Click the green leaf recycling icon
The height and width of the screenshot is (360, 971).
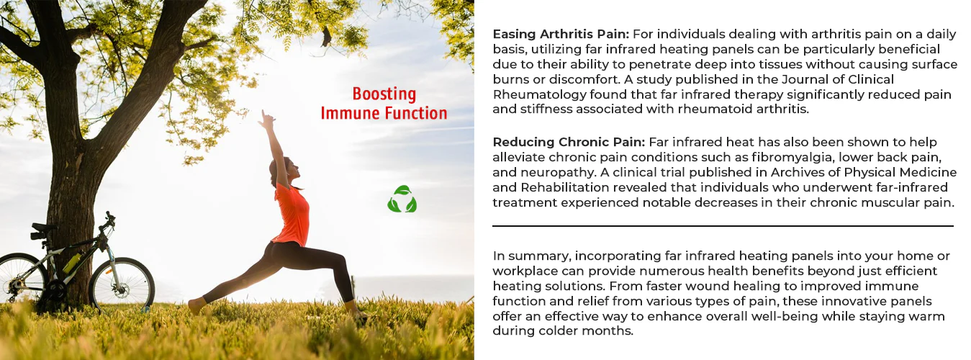pyautogui.click(x=402, y=199)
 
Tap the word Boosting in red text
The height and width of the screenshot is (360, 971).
pyautogui.click(x=384, y=94)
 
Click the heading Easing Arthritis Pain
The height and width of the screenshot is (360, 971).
pyautogui.click(x=561, y=35)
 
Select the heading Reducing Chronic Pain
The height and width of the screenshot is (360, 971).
pyautogui.click(x=569, y=143)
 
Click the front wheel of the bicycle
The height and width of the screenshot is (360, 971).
pyautogui.click(x=122, y=284)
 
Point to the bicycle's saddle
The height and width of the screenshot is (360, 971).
pyautogui.click(x=43, y=227)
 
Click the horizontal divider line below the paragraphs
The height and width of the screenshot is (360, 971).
pyautogui.click(x=723, y=226)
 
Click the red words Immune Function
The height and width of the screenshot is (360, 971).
pyautogui.click(x=384, y=113)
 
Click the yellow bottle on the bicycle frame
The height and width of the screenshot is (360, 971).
pyautogui.click(x=72, y=262)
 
